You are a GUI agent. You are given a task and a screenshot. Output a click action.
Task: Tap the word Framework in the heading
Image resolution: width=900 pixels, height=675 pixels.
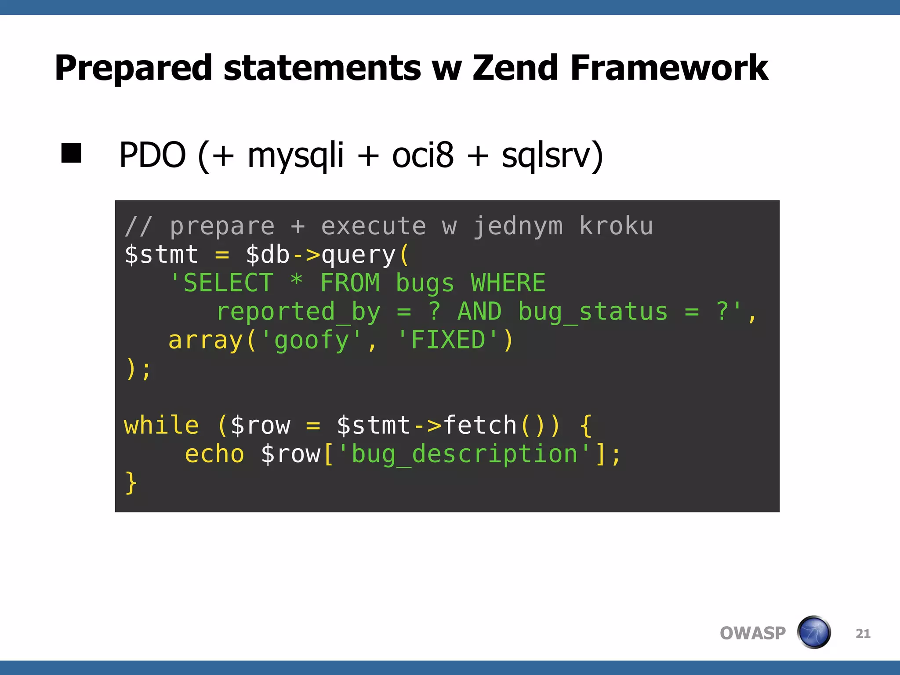[x=669, y=68]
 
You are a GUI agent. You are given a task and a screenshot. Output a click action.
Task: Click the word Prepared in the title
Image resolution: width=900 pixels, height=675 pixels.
[x=133, y=69]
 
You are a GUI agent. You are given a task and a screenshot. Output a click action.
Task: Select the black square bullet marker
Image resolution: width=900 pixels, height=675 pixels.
[x=72, y=153]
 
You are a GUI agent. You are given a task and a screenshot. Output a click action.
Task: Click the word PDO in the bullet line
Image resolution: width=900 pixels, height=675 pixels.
[x=152, y=155]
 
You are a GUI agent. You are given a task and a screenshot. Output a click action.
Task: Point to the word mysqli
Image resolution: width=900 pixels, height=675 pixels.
[x=295, y=156]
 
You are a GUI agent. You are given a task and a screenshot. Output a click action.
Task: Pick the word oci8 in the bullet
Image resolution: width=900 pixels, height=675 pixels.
[x=422, y=155]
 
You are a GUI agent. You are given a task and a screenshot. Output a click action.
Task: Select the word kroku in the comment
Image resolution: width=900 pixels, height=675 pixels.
[x=616, y=226]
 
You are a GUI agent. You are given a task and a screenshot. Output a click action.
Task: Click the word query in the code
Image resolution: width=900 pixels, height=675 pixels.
[x=359, y=255]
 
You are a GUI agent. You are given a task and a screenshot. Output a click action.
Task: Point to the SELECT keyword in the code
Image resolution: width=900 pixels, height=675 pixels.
[x=228, y=283]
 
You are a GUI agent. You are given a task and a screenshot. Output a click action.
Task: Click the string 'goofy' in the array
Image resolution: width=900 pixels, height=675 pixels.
[x=311, y=341]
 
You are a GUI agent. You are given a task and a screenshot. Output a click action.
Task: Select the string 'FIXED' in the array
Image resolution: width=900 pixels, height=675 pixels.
[x=448, y=340]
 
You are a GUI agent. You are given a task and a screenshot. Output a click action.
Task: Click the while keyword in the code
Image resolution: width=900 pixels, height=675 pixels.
[x=161, y=425]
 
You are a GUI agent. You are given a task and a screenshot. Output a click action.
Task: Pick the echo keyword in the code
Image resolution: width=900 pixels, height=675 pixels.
[x=214, y=454]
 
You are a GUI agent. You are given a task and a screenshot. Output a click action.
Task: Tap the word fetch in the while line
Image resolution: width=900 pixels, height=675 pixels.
[x=480, y=425]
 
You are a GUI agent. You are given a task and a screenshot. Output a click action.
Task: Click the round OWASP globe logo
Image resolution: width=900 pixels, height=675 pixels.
[x=814, y=632]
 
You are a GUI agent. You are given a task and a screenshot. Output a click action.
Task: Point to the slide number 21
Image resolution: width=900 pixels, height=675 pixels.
[x=863, y=633]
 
